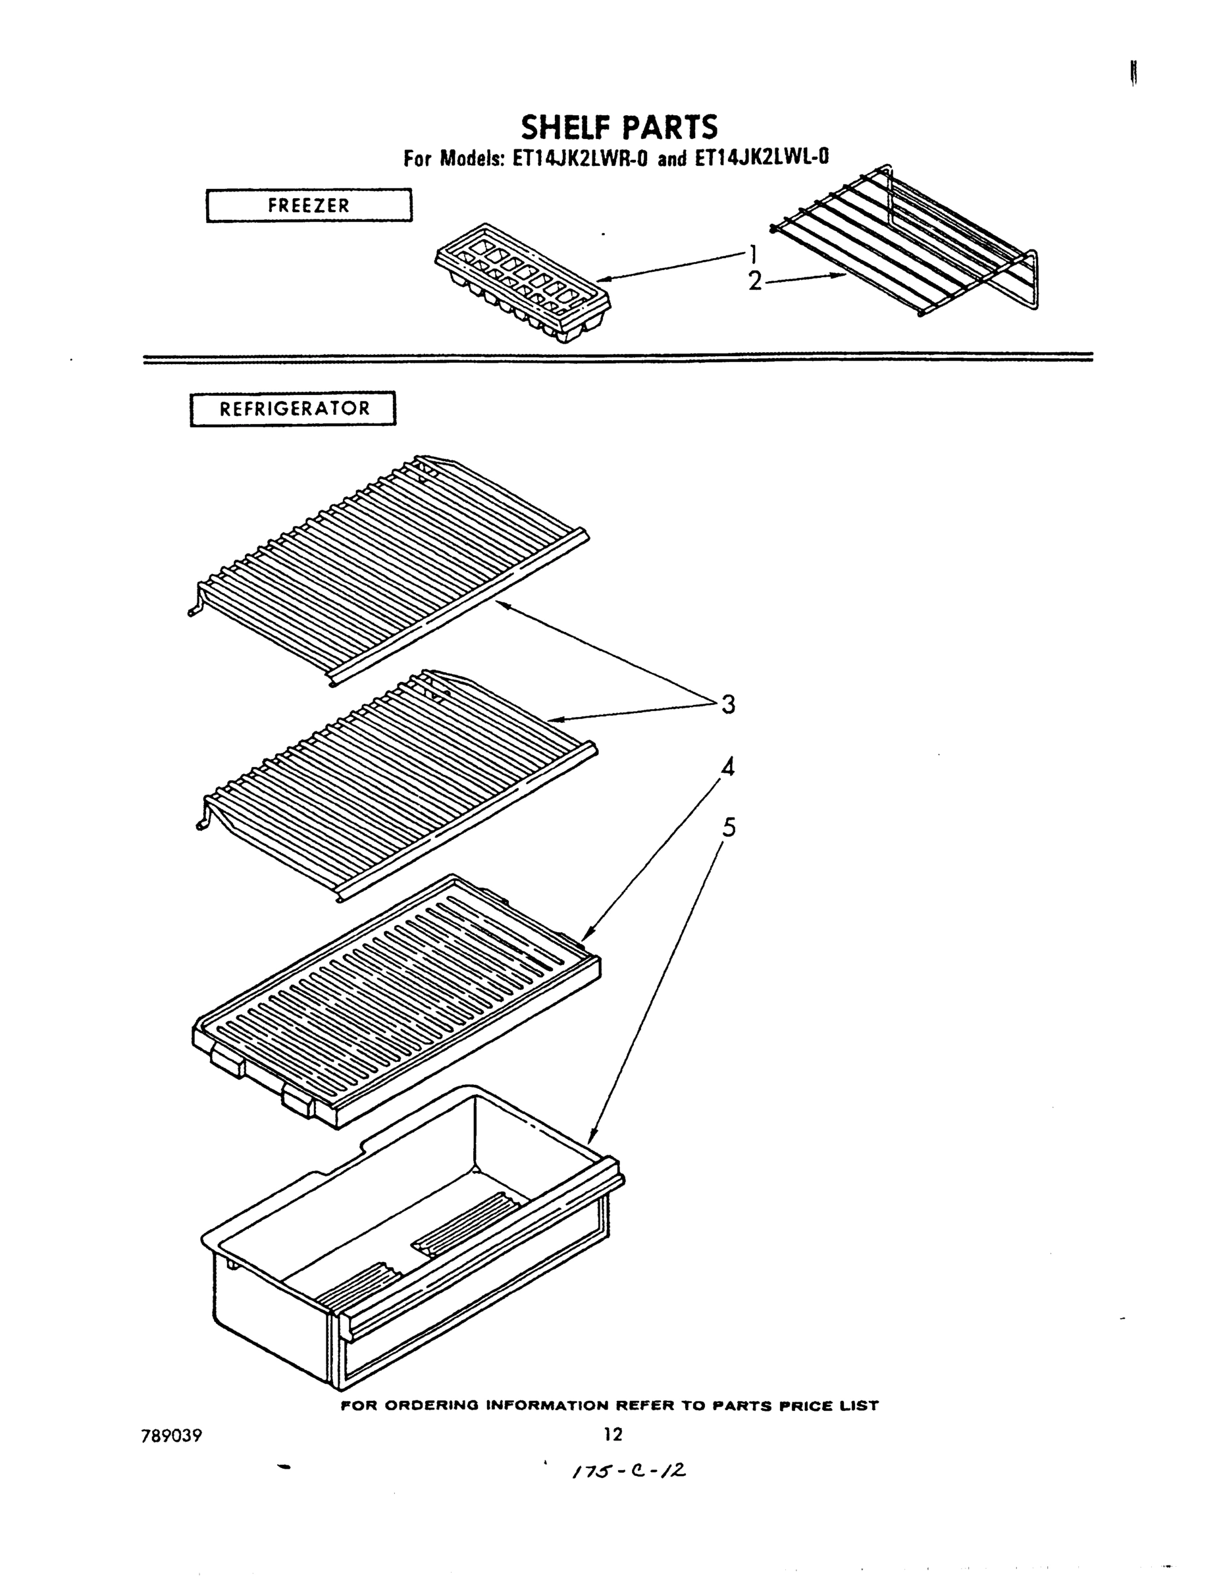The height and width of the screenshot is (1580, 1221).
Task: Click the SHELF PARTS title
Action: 619,127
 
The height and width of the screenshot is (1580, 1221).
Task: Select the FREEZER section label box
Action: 309,205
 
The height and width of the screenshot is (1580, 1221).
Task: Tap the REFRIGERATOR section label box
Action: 293,409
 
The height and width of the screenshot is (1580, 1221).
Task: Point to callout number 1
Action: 753,254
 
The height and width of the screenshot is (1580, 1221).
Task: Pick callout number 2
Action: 754,280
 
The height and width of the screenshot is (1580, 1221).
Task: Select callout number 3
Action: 728,703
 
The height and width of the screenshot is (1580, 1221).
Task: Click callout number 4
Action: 728,767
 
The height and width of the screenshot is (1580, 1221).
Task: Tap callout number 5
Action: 729,827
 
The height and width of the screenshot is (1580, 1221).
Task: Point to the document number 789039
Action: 172,1435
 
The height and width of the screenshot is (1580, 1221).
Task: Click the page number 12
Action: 613,1434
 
